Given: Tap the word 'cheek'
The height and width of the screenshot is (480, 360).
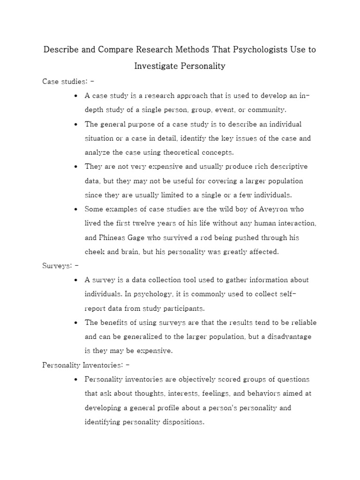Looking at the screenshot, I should pos(94,252).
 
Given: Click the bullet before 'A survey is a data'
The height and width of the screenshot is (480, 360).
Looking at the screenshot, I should pos(76,280).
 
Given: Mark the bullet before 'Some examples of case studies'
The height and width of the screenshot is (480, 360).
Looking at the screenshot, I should pos(76,209).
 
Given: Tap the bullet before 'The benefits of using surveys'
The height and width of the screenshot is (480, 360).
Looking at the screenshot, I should pos(76,322).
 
